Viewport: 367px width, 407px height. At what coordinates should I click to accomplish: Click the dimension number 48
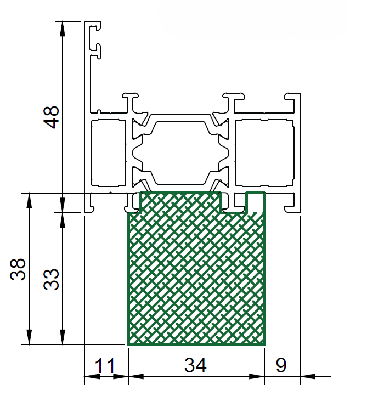pyautogui.click(x=52, y=117)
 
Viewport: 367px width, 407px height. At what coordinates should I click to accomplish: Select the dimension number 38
pyautogui.click(x=18, y=269)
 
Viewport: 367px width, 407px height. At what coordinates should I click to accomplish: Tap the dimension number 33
pyautogui.click(x=52, y=279)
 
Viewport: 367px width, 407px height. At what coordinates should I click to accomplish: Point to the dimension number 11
pyautogui.click(x=105, y=365)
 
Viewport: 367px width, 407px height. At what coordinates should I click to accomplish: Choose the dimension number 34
pyautogui.click(x=195, y=365)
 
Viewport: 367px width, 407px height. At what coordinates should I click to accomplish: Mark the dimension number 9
pyautogui.click(x=281, y=365)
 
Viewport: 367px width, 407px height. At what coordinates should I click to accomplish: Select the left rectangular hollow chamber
pyautogui.click(x=108, y=153)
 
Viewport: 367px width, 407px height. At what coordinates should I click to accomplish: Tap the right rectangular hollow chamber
pyautogui.click(x=264, y=153)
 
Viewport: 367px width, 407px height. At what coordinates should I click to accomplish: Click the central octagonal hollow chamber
pyautogui.click(x=180, y=153)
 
